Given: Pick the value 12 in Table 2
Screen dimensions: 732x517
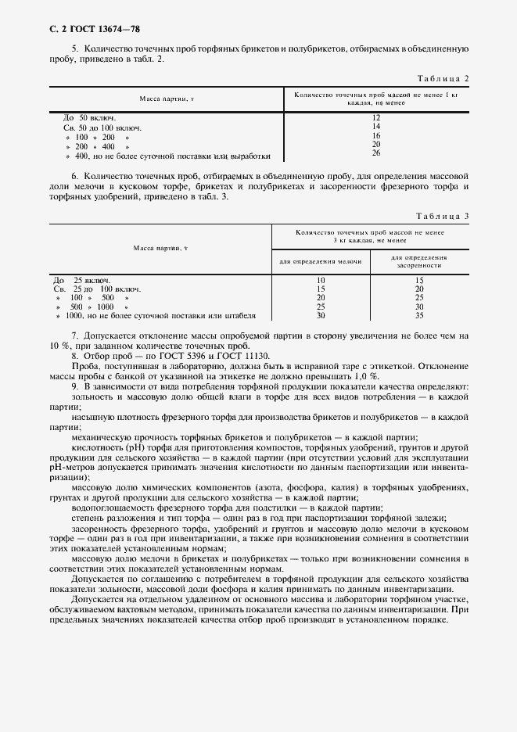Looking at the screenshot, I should (376, 117).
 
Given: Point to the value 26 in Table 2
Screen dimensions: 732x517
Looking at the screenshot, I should (376, 153).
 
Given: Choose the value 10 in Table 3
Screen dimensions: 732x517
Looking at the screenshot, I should (321, 280).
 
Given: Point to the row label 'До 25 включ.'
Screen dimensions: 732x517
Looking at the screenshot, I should (82, 280).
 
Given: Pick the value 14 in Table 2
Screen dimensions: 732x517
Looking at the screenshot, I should (376, 126).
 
